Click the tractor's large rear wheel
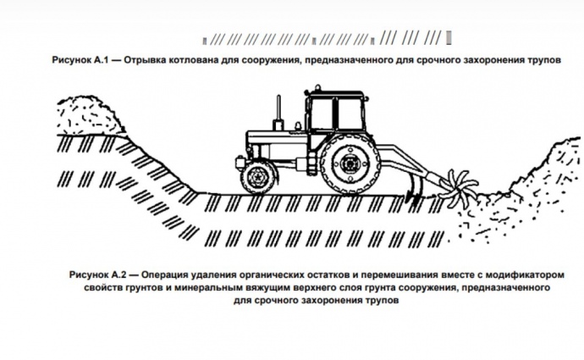(x=350, y=163)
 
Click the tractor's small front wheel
(x=258, y=177)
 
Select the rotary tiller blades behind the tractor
(x=459, y=189)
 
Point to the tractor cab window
(x=337, y=112)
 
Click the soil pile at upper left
(x=90, y=115)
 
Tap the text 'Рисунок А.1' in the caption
(x=80, y=60)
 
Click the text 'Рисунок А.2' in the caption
(x=98, y=275)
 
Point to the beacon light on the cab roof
(x=317, y=88)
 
